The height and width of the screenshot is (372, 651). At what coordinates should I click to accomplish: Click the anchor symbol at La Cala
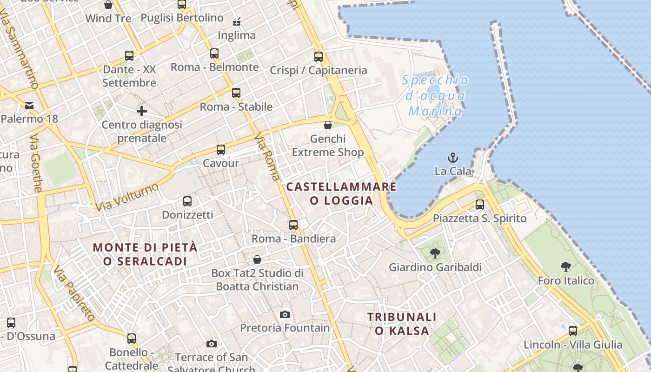(452, 158)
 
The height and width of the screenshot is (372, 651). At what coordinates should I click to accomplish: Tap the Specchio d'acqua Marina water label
(435, 95)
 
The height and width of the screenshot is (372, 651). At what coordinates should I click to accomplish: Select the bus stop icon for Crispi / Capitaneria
(319, 57)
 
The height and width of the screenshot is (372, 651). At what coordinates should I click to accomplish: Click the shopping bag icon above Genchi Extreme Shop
(328, 125)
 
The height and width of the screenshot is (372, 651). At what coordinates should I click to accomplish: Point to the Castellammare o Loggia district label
(341, 193)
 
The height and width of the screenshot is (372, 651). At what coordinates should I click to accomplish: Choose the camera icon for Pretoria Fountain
(285, 314)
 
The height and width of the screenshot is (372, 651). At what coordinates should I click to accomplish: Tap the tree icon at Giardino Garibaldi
(435, 253)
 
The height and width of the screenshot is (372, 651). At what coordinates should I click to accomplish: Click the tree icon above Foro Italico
(566, 267)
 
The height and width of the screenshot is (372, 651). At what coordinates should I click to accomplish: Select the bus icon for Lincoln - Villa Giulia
(573, 331)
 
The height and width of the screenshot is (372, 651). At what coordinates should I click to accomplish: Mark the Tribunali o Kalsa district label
(402, 324)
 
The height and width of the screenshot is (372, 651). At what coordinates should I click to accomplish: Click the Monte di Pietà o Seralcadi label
(145, 254)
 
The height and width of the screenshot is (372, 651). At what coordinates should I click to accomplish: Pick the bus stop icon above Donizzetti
(187, 201)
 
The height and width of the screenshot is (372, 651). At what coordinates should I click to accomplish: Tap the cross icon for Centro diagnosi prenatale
(142, 111)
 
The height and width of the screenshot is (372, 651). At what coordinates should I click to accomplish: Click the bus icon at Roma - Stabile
(236, 93)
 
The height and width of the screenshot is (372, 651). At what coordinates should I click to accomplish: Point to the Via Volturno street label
(127, 197)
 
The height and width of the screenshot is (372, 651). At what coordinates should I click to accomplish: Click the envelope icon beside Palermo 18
(29, 105)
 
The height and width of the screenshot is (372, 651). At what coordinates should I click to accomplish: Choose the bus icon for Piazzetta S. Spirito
(480, 205)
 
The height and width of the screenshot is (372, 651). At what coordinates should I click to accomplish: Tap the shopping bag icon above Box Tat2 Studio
(257, 259)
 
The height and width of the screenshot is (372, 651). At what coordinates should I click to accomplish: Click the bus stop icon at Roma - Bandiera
(293, 225)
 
